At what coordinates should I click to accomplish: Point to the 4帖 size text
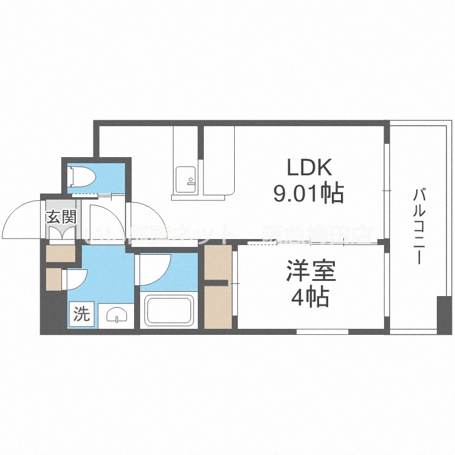pyautogui.click(x=309, y=298)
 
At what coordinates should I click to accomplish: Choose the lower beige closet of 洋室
pyautogui.click(x=218, y=306)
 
